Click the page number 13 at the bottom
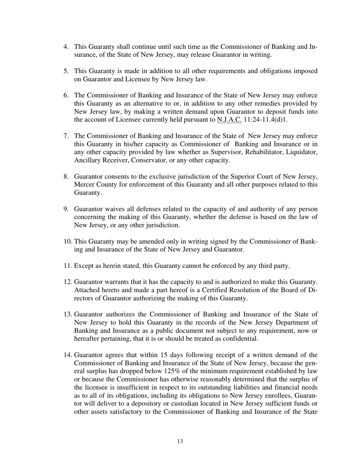tap(180, 441)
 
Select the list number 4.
tap(66, 47)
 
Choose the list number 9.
tap(66, 209)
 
